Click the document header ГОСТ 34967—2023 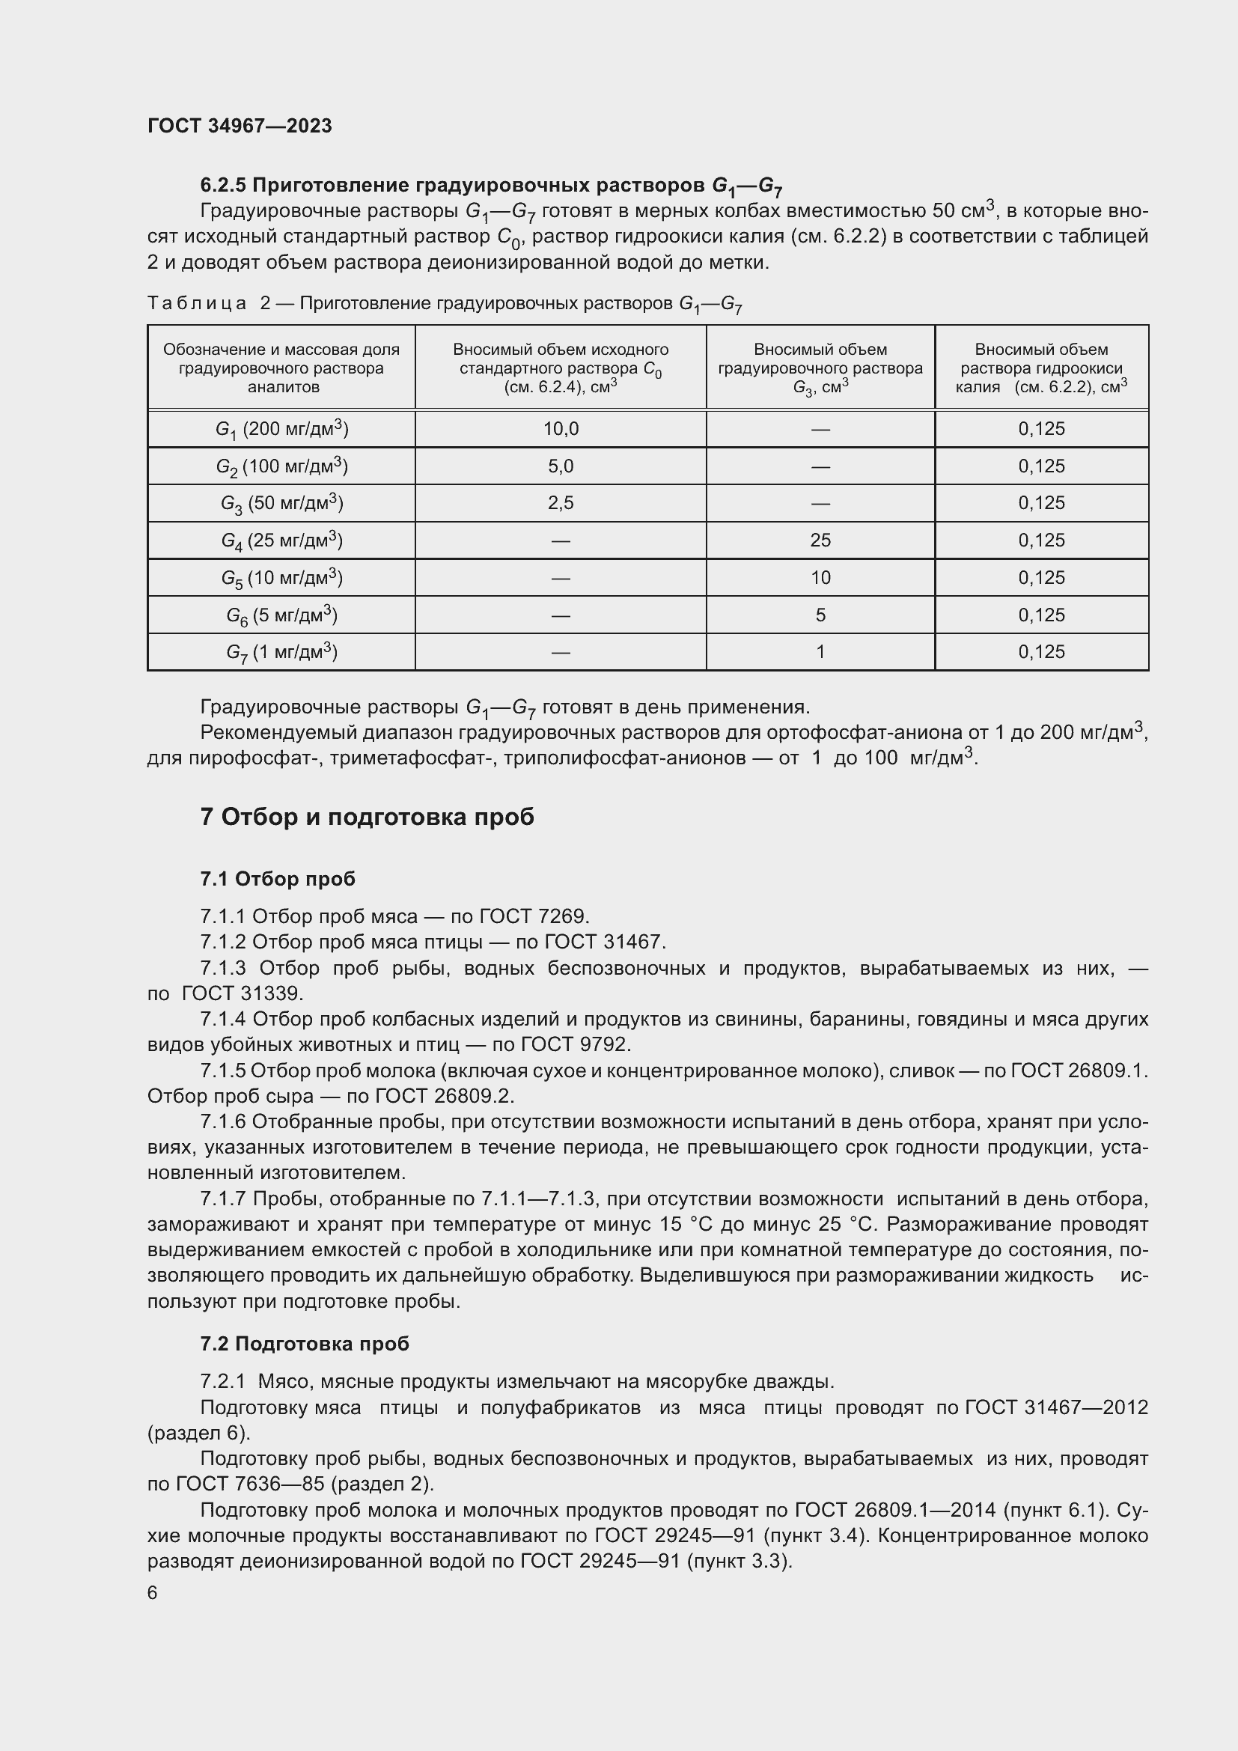240,126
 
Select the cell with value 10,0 561,430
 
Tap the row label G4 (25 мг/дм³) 281,540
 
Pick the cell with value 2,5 561,503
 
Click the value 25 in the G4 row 820,540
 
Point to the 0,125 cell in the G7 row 1041,652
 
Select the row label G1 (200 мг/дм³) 281,430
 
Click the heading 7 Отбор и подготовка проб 367,817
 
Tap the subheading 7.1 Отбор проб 278,880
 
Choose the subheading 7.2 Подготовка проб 304,1344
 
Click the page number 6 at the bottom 153,1593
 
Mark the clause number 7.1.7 222,1199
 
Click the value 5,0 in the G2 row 561,466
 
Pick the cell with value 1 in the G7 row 820,652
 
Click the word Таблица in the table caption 197,303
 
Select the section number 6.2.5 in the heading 222,186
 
